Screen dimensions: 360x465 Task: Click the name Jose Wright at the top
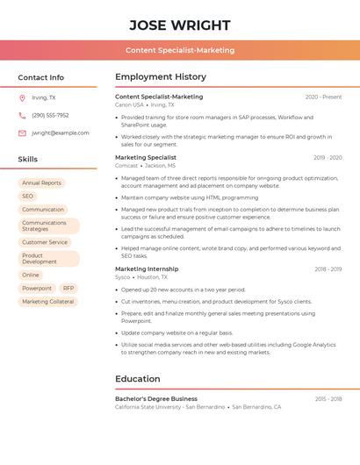(x=180, y=25)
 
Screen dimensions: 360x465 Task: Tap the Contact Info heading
(x=41, y=77)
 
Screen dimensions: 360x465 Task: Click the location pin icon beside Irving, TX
(x=22, y=97)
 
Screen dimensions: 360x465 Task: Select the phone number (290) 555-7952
(x=50, y=115)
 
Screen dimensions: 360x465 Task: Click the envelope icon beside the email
(x=22, y=132)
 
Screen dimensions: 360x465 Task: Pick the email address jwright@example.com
(x=61, y=132)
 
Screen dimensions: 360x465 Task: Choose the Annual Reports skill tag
(x=41, y=182)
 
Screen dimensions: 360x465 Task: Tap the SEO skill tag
(x=28, y=196)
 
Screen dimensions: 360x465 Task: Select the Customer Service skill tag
(x=45, y=242)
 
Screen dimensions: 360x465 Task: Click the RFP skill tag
(x=68, y=288)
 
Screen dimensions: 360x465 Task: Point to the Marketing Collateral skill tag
(x=48, y=301)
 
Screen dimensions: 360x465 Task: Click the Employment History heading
(x=161, y=77)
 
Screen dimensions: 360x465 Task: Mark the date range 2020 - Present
(x=323, y=97)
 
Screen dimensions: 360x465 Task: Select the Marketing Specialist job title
(x=146, y=157)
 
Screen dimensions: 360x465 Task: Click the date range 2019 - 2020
(x=328, y=158)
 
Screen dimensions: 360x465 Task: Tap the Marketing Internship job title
(x=147, y=268)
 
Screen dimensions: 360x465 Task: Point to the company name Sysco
(x=124, y=276)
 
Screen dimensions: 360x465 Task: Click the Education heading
(x=137, y=379)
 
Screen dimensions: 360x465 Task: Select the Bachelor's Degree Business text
(x=156, y=398)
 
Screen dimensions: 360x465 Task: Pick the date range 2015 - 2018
(x=328, y=398)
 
